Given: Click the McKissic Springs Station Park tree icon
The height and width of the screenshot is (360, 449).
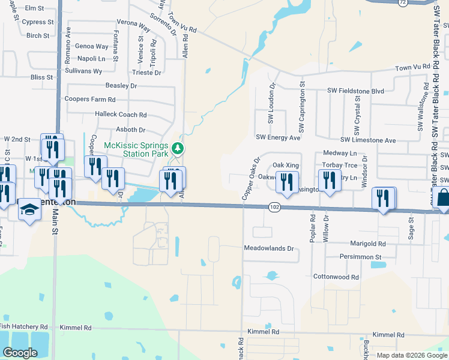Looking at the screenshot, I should (177, 148).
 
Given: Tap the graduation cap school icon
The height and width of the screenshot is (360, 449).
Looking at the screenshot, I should (28, 210).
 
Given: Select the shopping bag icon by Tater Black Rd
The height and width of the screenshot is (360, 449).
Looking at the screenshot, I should (442, 197).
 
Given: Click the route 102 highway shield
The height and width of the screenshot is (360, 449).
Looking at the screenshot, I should (274, 206).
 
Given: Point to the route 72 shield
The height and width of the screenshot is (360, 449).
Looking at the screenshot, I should (403, 2).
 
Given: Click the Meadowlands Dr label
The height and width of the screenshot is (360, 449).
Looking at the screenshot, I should (268, 248).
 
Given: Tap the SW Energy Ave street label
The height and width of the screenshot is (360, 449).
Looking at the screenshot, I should (278, 137).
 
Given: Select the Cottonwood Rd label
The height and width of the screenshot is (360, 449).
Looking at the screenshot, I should (336, 277).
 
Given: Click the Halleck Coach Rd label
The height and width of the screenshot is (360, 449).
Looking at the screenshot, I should (121, 115).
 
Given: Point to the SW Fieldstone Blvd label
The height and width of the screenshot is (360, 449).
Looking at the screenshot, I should (355, 91).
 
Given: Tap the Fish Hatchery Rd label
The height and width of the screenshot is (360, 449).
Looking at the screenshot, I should (23, 326).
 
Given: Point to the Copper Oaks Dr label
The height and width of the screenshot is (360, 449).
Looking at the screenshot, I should (250, 179).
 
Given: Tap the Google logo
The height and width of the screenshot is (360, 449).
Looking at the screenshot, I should (20, 353).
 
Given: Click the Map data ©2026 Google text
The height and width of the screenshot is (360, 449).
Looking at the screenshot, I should (411, 355).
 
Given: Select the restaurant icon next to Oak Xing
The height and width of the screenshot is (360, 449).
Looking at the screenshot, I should (288, 181).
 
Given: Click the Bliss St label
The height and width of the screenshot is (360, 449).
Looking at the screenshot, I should (42, 77).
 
